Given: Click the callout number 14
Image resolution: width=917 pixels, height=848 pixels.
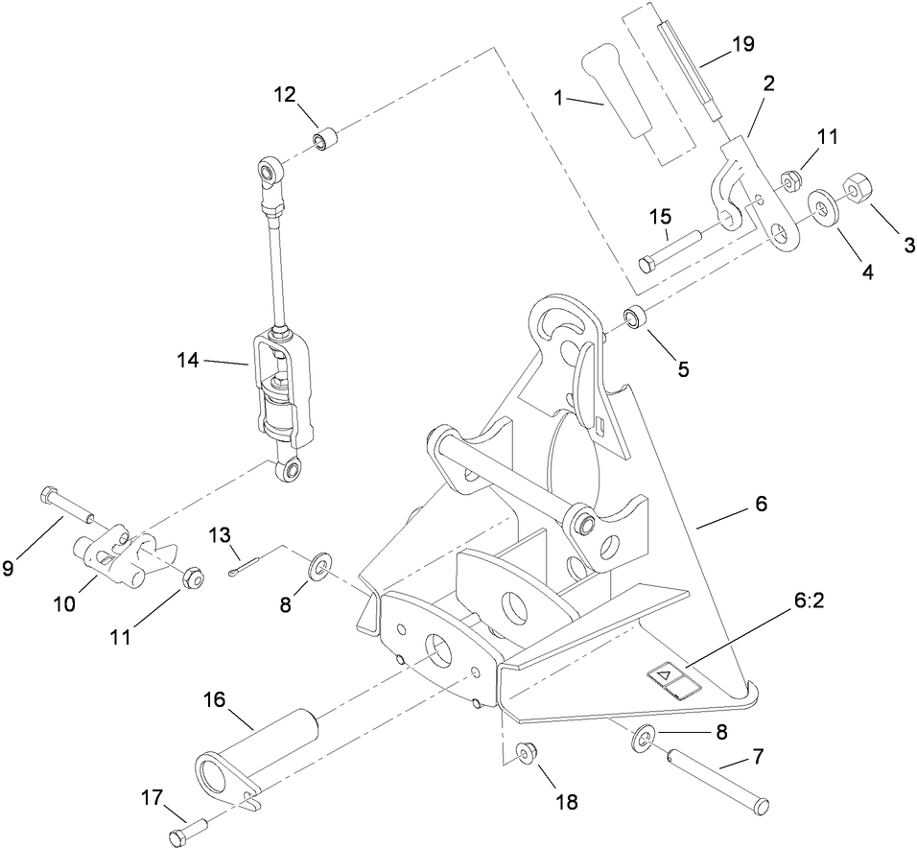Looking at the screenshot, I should click(189, 361).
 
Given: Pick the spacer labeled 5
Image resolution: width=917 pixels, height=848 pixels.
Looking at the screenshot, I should click(636, 317).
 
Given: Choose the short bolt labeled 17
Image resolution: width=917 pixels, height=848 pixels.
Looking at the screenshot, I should click(189, 822).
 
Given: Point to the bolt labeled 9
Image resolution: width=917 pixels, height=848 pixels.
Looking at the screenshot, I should click(66, 505).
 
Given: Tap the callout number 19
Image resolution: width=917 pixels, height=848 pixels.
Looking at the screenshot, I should click(741, 44).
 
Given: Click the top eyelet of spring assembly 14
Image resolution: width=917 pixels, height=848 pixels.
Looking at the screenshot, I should click(269, 173).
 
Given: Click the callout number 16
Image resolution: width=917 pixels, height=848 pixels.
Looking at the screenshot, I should click(213, 699).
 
